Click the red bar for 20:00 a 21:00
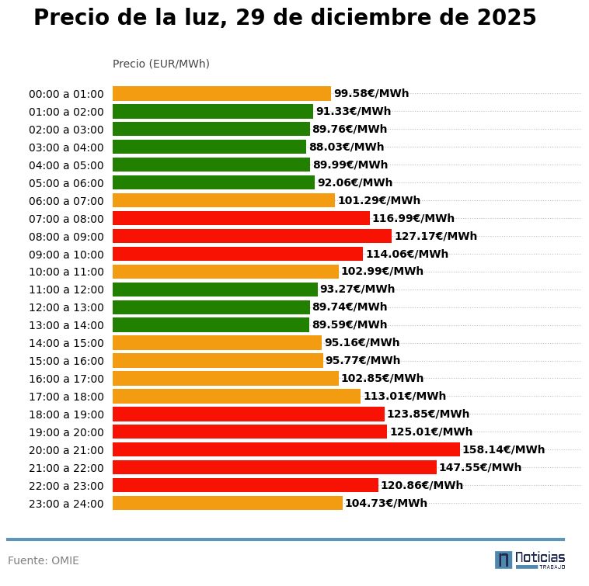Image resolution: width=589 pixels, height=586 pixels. [286, 449]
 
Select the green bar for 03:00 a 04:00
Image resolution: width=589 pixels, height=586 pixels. [209, 147]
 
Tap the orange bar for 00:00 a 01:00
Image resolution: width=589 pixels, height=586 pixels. [221, 93]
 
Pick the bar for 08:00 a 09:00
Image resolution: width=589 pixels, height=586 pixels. [252, 236]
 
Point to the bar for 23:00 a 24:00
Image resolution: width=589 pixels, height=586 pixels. [227, 503]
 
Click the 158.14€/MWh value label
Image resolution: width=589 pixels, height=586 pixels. [504, 449]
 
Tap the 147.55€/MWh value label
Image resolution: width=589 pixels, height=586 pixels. [480, 467]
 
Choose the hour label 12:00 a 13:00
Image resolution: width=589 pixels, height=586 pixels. [66, 307]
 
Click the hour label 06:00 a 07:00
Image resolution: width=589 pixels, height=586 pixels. [66, 200]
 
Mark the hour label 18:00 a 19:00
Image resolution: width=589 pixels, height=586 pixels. [66, 414]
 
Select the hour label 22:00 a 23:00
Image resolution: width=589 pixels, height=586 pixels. [66, 486]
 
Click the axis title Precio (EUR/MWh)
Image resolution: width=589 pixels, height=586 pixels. [161, 64]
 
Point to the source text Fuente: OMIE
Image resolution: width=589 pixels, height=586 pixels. [44, 560]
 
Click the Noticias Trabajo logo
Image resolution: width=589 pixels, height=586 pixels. [530, 560]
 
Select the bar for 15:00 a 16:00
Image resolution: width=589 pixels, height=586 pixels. [218, 361]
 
